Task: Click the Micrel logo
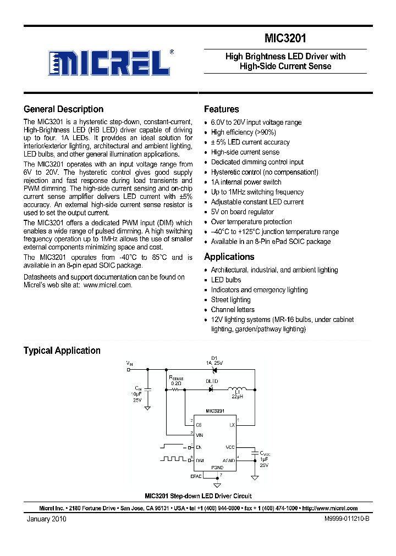pos(108,62)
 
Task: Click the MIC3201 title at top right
pos(285,39)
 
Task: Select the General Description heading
pos(63,109)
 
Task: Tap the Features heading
pos(221,109)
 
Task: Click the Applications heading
pos(229,257)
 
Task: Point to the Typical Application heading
pos(62,351)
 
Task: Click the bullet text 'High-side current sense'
pos(245,152)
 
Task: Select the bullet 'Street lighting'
pos(230,299)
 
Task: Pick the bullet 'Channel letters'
pos(233,309)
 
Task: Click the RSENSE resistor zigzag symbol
pos(176,390)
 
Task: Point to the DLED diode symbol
pos(211,389)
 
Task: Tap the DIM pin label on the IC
pos(200,460)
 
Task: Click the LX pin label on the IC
pos(232,425)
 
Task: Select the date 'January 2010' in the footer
pos(46,519)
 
